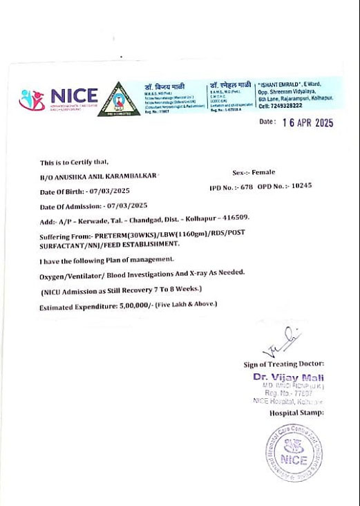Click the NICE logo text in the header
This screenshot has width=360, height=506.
(x=74, y=95)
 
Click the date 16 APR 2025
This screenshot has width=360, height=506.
(x=307, y=122)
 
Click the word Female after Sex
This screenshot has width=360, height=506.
(x=263, y=172)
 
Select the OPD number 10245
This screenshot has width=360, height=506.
(x=302, y=186)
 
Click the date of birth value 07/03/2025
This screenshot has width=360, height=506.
(x=107, y=191)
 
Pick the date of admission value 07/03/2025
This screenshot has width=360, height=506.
(x=124, y=205)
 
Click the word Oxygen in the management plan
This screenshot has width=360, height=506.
(x=52, y=275)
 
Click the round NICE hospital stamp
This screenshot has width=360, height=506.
(x=295, y=452)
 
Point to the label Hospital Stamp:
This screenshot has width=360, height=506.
(x=296, y=413)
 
